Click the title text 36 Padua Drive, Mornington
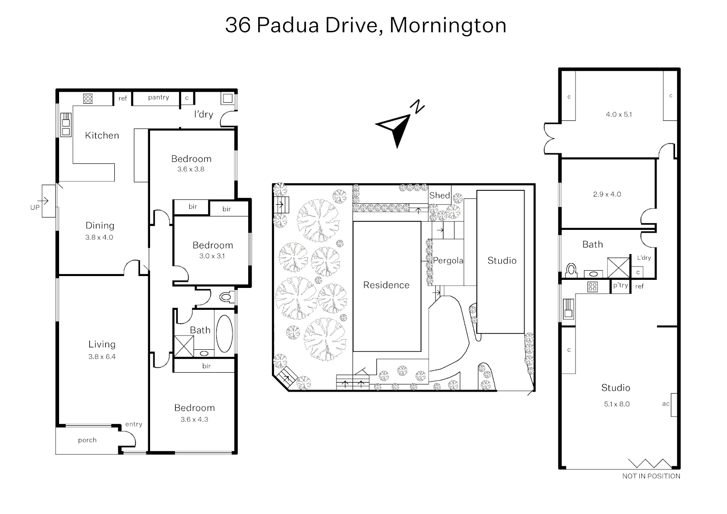(x=365, y=25)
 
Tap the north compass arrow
(x=396, y=128)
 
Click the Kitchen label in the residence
(x=102, y=136)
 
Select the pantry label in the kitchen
(x=158, y=98)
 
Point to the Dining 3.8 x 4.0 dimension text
(x=99, y=237)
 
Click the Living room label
(x=102, y=344)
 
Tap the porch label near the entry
(x=87, y=440)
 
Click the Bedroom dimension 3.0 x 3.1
(x=212, y=256)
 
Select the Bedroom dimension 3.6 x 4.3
(x=194, y=419)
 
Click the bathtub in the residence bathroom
(x=224, y=332)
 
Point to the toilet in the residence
(x=225, y=297)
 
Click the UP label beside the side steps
(x=35, y=208)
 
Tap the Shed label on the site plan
(x=439, y=195)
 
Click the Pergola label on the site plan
(x=448, y=261)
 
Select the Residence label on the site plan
(x=386, y=285)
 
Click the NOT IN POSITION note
(x=651, y=476)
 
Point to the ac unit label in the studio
(x=666, y=404)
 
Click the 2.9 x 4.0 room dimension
(x=607, y=194)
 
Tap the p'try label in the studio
(x=621, y=286)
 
